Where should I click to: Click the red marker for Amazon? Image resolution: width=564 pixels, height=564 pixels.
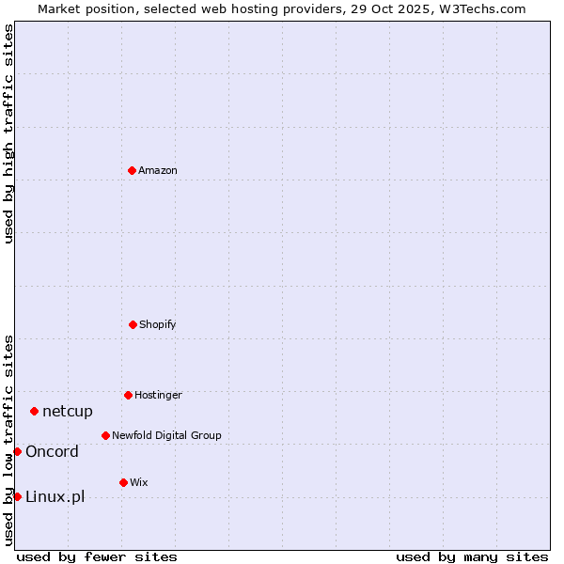tap(132, 170)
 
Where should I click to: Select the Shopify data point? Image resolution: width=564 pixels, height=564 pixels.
tap(133, 324)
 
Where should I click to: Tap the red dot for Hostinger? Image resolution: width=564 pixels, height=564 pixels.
tap(128, 395)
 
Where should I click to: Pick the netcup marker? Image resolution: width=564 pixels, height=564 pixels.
tap(34, 411)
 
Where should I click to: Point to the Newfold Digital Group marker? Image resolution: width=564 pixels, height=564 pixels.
tap(105, 435)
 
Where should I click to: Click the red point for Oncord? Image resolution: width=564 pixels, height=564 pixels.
tap(17, 451)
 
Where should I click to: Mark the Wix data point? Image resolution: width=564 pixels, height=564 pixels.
tap(123, 482)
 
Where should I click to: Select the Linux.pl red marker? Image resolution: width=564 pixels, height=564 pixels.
tap(17, 496)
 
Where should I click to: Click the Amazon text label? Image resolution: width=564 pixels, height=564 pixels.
tap(158, 170)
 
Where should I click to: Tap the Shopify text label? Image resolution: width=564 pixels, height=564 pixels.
tap(158, 324)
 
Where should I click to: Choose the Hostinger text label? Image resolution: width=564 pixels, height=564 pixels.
tap(158, 395)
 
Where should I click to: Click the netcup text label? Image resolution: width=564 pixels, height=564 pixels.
tap(68, 411)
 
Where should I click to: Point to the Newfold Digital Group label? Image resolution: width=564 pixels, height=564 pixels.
tap(166, 435)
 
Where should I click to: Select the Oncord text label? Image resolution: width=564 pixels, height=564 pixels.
tap(52, 451)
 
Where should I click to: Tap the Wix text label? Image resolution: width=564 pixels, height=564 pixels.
tap(139, 482)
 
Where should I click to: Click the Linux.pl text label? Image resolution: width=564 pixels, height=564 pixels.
tap(55, 496)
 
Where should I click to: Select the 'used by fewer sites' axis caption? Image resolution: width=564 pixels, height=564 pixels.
tap(97, 556)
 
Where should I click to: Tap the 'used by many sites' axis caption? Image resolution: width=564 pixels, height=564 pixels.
tap(472, 556)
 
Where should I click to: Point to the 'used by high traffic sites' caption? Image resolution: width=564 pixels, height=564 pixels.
tap(8, 133)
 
